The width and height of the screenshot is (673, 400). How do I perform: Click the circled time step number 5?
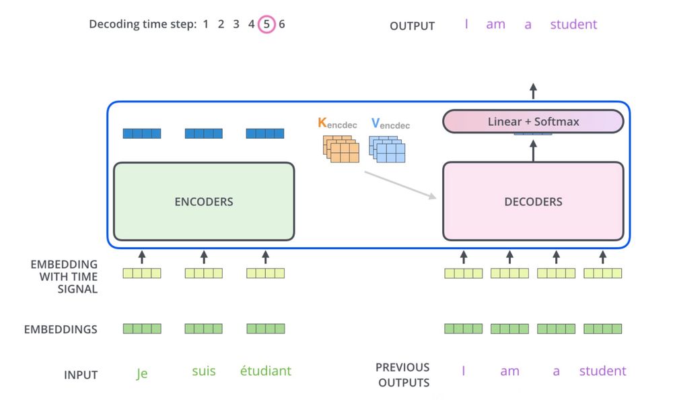point(267,24)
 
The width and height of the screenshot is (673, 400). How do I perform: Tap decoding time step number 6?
point(282,24)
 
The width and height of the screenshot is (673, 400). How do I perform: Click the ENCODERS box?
point(204,201)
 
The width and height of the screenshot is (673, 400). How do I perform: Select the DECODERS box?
point(533,201)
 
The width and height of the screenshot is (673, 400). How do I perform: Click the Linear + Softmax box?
point(533,122)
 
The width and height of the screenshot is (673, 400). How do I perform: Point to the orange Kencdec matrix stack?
point(341,149)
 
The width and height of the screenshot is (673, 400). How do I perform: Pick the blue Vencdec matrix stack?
point(388,149)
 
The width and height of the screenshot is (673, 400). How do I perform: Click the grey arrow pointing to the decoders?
point(400,185)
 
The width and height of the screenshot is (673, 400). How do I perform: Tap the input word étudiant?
point(266,371)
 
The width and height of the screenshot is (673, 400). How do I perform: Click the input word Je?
point(141,374)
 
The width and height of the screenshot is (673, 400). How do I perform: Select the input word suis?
point(204,371)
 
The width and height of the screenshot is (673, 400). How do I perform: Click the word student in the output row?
point(573,25)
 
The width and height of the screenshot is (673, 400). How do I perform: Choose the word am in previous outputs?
point(509,371)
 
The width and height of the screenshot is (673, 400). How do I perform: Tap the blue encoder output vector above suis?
point(204,133)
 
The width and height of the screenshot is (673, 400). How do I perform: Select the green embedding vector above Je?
point(142,329)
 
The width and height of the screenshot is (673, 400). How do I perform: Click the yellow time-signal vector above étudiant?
point(266,273)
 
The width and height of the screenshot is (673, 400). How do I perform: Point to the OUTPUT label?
point(412,26)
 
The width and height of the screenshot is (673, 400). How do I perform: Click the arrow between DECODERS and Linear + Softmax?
point(533,148)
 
